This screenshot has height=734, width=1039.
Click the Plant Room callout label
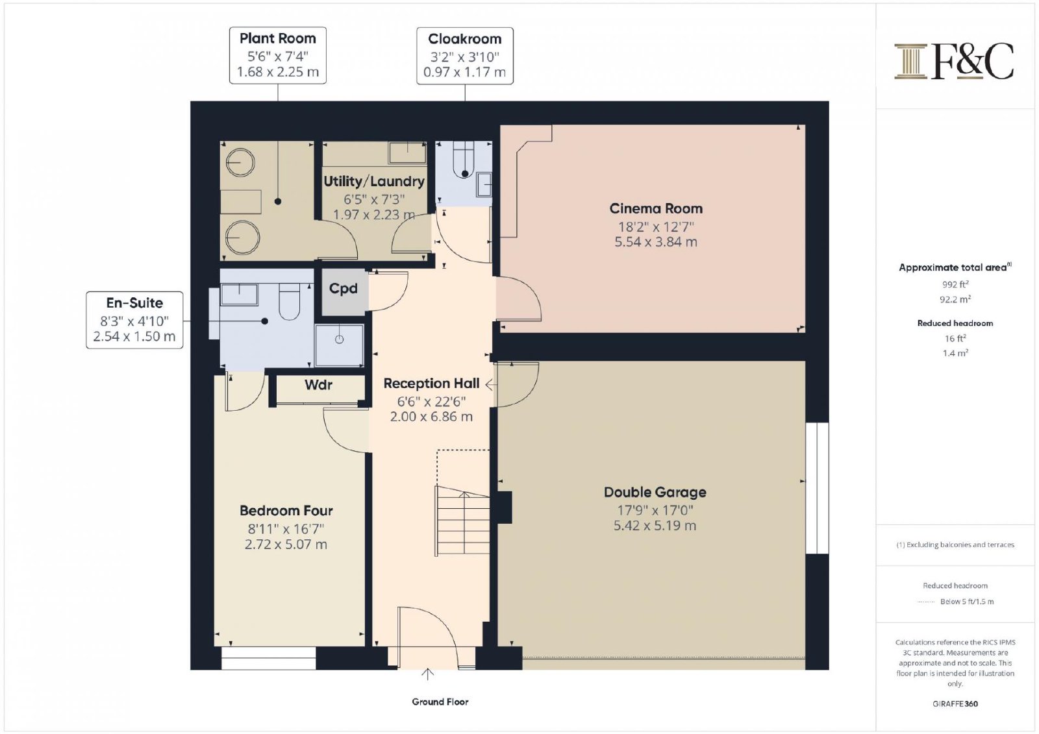click(278, 55)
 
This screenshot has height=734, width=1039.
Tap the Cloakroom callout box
click(465, 56)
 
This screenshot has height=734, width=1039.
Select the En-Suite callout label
click(134, 320)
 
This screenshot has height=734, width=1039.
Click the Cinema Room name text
click(656, 209)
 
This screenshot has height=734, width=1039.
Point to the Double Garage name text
click(655, 492)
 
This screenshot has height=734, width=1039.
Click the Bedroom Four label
click(286, 511)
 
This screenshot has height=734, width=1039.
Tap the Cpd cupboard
click(344, 292)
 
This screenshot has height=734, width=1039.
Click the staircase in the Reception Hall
click(462, 520)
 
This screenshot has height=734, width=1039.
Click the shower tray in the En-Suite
click(339, 345)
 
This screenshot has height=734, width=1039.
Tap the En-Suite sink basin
click(240, 295)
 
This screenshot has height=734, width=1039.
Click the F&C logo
click(954, 61)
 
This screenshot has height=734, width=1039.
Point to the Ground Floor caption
click(440, 702)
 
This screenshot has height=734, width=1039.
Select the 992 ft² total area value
click(955, 284)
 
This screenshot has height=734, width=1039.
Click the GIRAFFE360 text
click(955, 704)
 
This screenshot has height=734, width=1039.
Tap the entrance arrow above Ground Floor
click(427, 674)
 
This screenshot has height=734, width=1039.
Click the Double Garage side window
click(818, 488)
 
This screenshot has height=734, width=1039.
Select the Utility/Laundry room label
click(374, 181)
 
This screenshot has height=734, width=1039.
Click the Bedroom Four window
click(269, 659)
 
